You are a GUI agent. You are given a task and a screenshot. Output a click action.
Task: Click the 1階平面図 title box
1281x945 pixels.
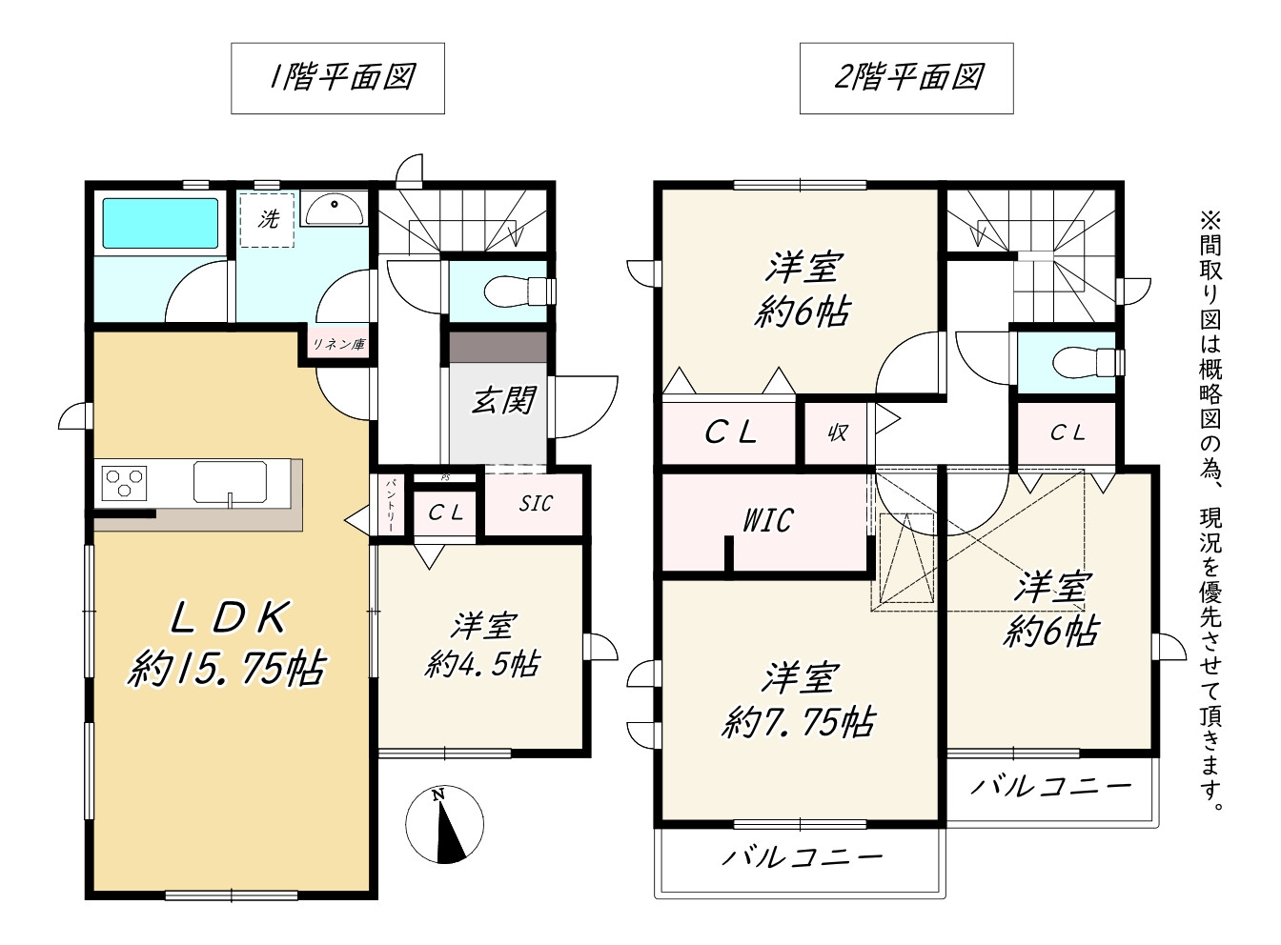pos(337,78)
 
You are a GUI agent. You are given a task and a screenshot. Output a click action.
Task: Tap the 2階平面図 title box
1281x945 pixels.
pos(906,78)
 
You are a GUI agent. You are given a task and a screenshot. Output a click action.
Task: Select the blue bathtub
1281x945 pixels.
pos(160,223)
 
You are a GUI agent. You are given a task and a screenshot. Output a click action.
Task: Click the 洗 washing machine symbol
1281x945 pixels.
pos(268,220)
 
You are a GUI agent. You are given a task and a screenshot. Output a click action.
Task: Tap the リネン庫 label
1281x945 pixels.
pos(338,344)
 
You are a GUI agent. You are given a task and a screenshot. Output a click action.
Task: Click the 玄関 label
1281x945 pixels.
pos(503,400)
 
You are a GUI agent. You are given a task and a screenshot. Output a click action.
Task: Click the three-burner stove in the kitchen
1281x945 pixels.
pos(124,483)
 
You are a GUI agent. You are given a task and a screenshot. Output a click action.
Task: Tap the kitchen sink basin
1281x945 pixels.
pos(230,481)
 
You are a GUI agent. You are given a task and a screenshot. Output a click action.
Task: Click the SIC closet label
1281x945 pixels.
pos(536,503)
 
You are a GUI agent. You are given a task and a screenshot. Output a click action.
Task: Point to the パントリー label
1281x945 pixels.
pos(391,505)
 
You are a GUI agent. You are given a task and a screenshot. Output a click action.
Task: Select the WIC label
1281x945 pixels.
pos(767,520)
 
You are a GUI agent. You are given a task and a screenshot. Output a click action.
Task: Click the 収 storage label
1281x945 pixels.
pos(838,432)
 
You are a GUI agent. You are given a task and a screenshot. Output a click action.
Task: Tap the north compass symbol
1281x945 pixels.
pos(444,824)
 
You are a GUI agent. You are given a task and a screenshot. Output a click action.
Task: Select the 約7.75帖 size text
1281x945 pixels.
pos(799,722)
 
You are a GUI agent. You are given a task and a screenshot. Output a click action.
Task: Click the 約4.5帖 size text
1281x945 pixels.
pos(482,664)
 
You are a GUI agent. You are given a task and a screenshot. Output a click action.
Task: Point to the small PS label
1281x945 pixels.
pos(445,478)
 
